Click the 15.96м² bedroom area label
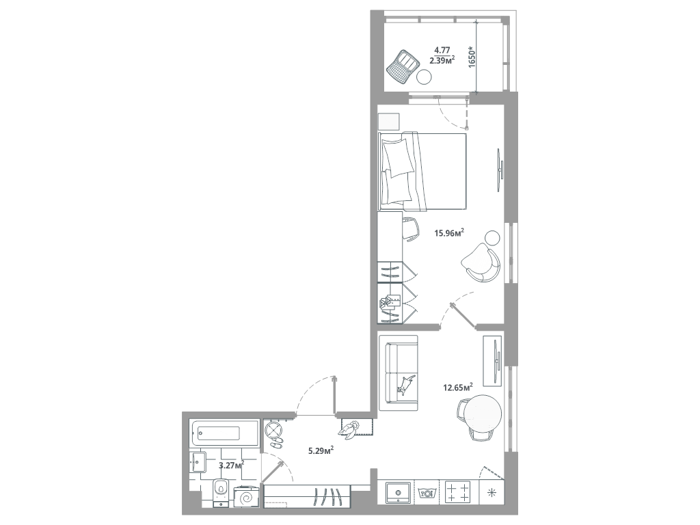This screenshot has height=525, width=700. pos(449,232)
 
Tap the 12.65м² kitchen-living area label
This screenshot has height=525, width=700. pos(457,387)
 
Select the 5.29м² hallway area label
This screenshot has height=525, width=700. pos(321,451)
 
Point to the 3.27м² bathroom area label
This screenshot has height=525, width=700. pos(231,466)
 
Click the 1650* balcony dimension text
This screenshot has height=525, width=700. pos(472,56)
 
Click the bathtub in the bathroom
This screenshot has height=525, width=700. pos(224,433)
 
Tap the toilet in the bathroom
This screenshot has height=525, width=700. pos(220,492)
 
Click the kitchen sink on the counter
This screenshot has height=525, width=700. pos(397,492)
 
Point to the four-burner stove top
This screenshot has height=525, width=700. pos(459,492)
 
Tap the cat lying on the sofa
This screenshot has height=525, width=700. pos(405,384)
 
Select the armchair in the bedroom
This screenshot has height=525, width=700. pos(481,262)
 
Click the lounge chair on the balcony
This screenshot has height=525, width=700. pos(403,66)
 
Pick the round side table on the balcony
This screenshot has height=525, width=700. pos(424,78)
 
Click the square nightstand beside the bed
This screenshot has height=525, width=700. pos(388,122)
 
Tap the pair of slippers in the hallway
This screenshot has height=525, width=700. pos(276,442)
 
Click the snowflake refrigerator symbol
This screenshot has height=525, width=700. pos(492,493)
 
